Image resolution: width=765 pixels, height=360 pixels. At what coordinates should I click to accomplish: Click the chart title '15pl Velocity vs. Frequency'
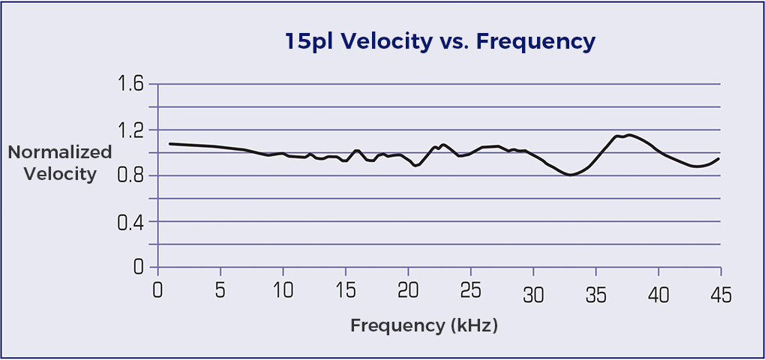[x=440, y=41]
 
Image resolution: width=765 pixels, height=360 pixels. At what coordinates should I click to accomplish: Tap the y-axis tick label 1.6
[x=130, y=84]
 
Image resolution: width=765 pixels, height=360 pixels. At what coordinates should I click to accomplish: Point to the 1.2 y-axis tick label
[x=130, y=130]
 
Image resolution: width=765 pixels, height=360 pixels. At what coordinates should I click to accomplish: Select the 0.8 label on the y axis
[x=130, y=176]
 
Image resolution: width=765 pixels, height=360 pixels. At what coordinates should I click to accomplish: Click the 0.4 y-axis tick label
[x=130, y=222]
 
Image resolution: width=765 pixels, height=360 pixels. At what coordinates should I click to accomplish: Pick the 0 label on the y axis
[x=136, y=268]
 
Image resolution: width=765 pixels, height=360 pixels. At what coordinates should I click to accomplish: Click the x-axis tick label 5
[x=220, y=291]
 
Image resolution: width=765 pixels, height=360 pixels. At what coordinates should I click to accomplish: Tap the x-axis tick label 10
[x=282, y=291]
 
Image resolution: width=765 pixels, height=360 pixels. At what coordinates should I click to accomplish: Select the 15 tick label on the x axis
[x=345, y=291]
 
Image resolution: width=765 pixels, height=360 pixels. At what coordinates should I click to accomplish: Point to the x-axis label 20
[x=407, y=291]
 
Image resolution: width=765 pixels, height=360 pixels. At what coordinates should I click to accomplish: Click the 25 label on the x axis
[x=469, y=291]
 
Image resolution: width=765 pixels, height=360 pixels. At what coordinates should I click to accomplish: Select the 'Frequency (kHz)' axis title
[x=424, y=326]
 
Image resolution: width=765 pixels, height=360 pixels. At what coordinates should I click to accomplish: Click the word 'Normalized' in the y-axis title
[x=60, y=153]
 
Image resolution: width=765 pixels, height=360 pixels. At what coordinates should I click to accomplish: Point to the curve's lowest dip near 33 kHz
[x=571, y=175]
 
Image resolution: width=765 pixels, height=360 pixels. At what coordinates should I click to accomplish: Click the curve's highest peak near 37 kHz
[x=628, y=135]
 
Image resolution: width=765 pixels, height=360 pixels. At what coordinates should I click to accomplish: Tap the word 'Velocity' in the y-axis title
[x=60, y=175]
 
